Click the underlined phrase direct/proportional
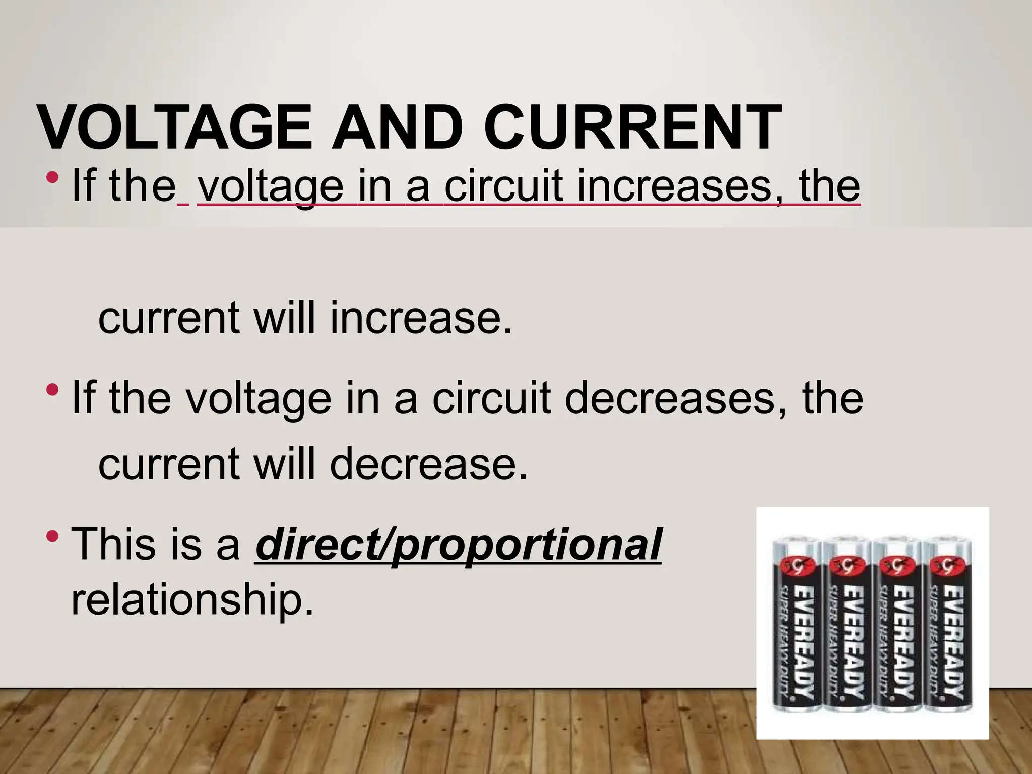click(x=458, y=545)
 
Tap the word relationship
click(x=191, y=599)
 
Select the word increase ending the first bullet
click(x=421, y=318)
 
